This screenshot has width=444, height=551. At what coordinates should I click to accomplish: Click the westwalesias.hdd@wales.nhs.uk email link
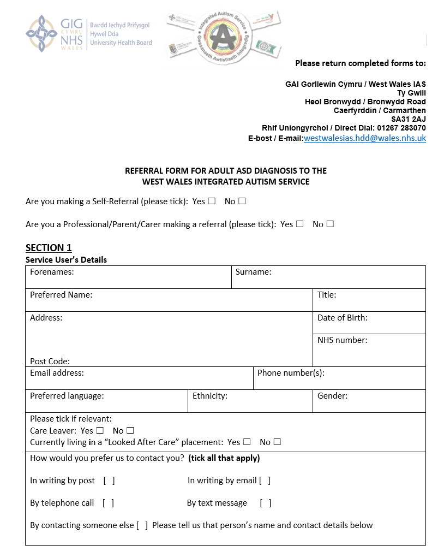pos(364,138)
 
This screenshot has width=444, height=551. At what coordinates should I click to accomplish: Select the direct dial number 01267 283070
pos(401,128)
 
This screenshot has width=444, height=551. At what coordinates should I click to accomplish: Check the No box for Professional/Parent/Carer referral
pos(329,224)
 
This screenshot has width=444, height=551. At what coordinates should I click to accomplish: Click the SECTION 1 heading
pos(49,248)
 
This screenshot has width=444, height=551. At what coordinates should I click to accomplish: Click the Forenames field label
pos(52,271)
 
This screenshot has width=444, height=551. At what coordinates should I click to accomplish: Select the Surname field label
pos(253,271)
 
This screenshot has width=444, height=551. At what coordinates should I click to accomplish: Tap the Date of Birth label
pos(342,317)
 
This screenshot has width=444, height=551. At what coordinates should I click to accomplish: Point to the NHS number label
pos(342,340)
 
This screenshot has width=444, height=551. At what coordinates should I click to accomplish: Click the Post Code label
pos(50,361)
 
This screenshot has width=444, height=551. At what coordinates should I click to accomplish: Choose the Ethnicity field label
pos(209,395)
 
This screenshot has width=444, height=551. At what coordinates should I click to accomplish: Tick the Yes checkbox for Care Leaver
pos(100,430)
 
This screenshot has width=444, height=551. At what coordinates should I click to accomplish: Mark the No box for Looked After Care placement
pos(277,442)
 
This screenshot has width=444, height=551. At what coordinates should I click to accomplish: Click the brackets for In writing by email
pos(265,481)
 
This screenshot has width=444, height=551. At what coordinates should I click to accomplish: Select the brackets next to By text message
pos(266,503)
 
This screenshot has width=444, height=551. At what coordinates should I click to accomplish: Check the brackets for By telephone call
pos(108,503)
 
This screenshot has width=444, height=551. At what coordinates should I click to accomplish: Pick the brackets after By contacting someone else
pos(142,525)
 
